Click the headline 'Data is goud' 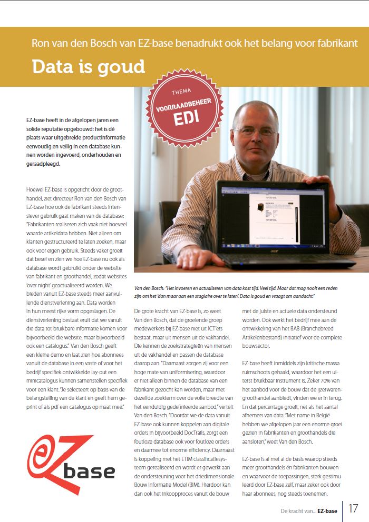(88, 67)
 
